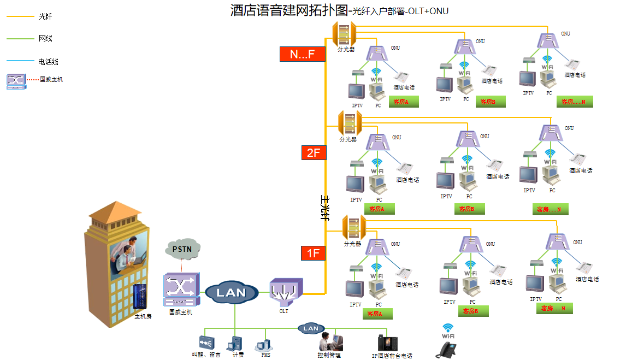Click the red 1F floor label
[x=313, y=253]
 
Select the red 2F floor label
[x=314, y=153]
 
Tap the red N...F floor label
[x=303, y=54]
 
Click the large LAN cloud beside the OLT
[x=232, y=293]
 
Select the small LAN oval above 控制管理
[x=310, y=328]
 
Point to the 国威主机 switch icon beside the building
[x=181, y=290]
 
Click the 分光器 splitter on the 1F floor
[x=353, y=227]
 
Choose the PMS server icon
[x=264, y=345]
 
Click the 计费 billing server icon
[x=235, y=344]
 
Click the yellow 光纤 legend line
[x=20, y=16]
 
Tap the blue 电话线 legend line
[x=20, y=61]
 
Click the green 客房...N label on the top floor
[x=575, y=102]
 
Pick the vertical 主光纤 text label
[x=324, y=208]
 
